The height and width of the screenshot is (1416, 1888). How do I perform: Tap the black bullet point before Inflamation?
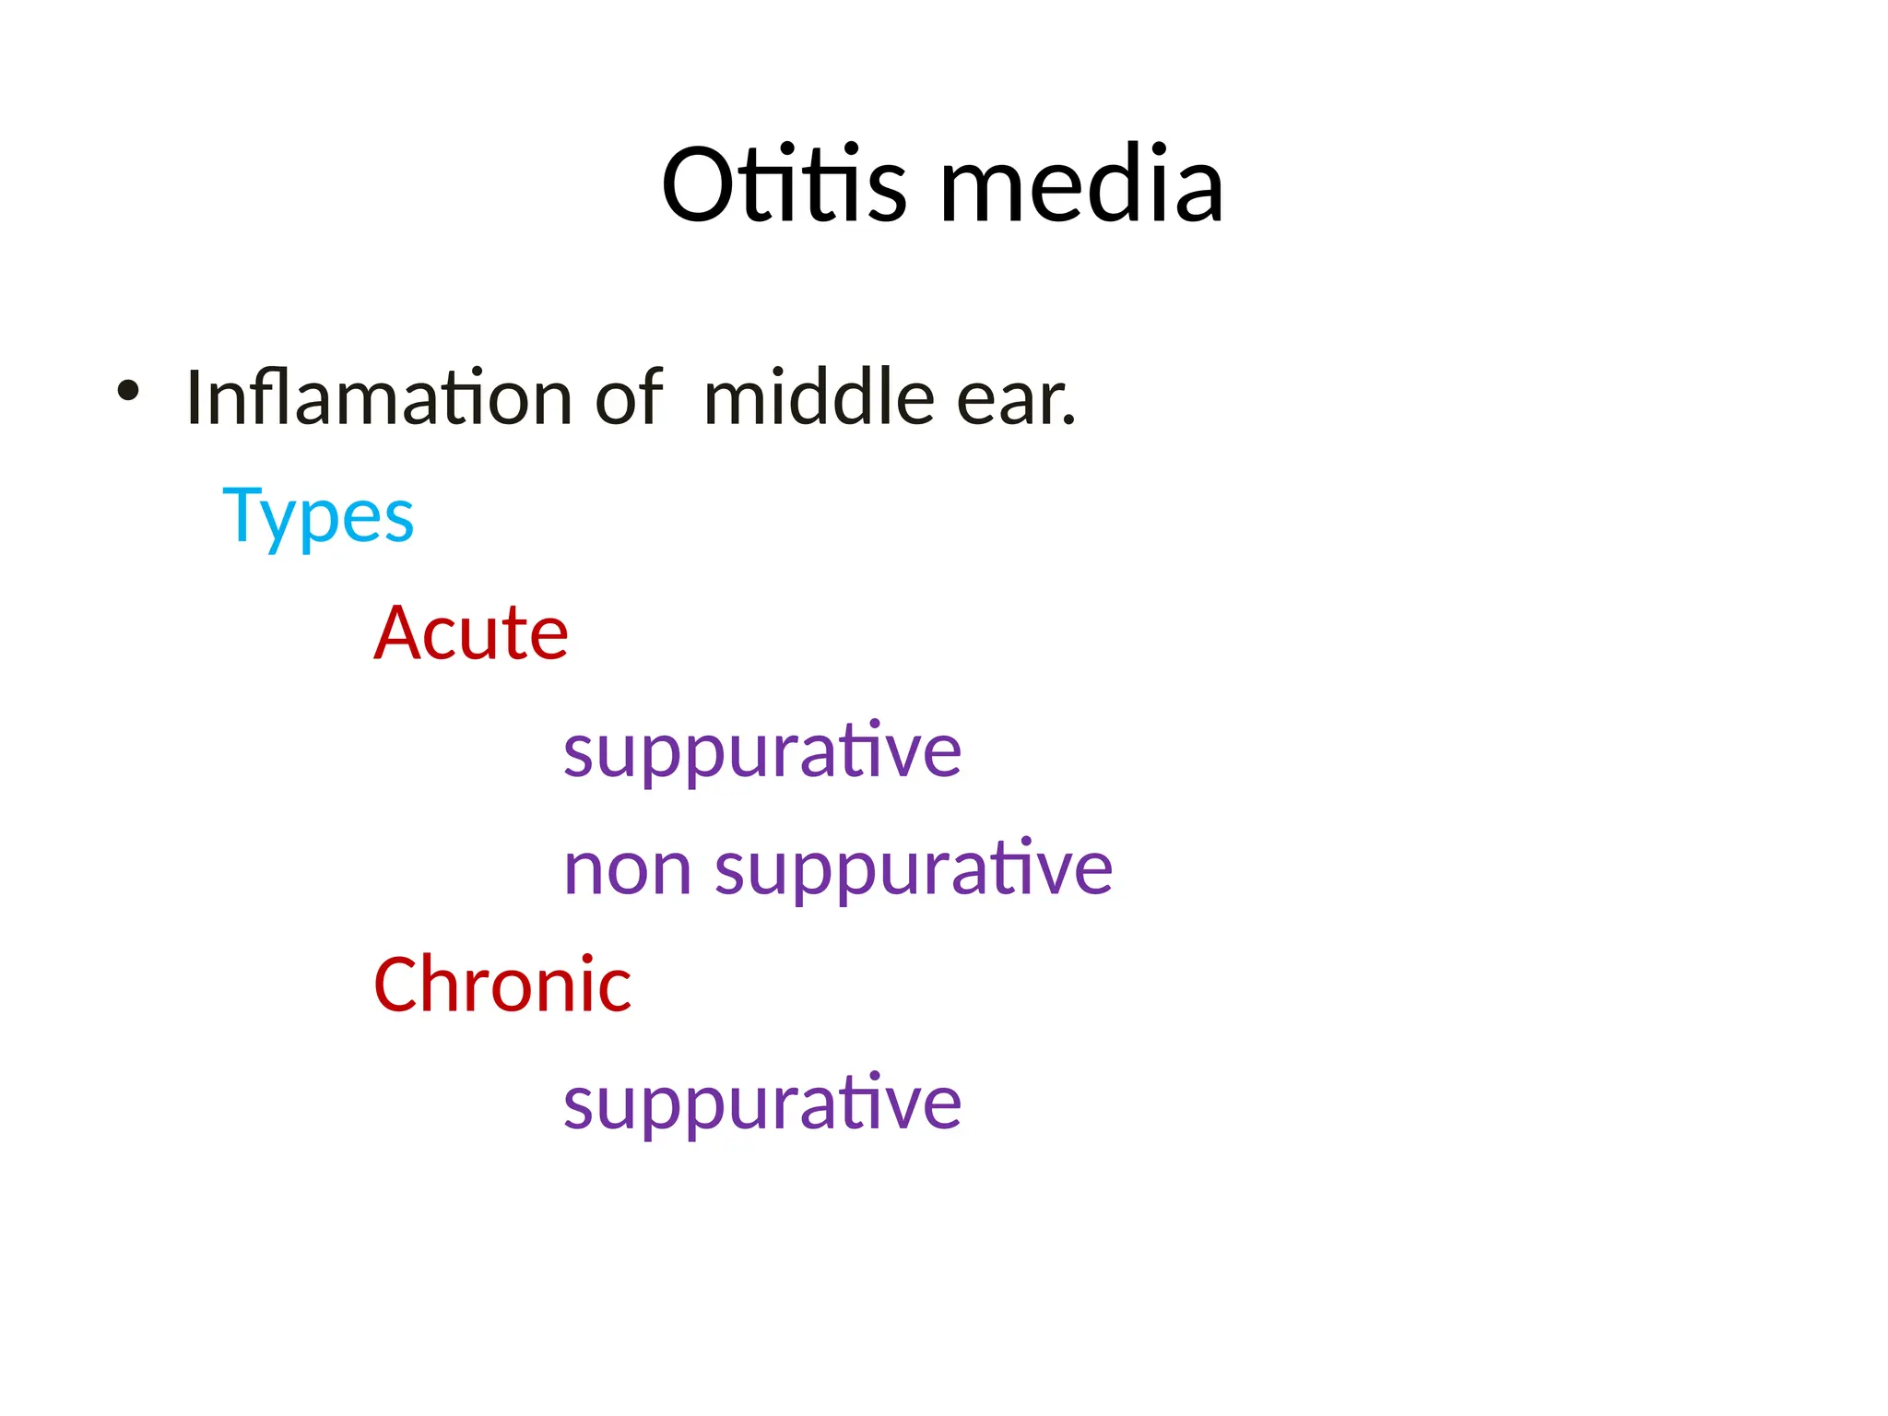128,391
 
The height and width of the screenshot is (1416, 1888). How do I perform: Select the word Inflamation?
379,397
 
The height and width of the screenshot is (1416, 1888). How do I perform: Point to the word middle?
819,397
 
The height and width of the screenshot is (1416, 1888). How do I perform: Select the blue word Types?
318,516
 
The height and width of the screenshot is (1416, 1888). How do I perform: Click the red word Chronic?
502,985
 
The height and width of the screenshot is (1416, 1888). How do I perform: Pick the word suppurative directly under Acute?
762,751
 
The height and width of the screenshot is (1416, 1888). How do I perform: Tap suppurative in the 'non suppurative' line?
914,869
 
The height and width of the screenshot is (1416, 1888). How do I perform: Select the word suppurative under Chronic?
762,1103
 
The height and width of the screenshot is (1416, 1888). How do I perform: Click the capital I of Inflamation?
193,397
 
